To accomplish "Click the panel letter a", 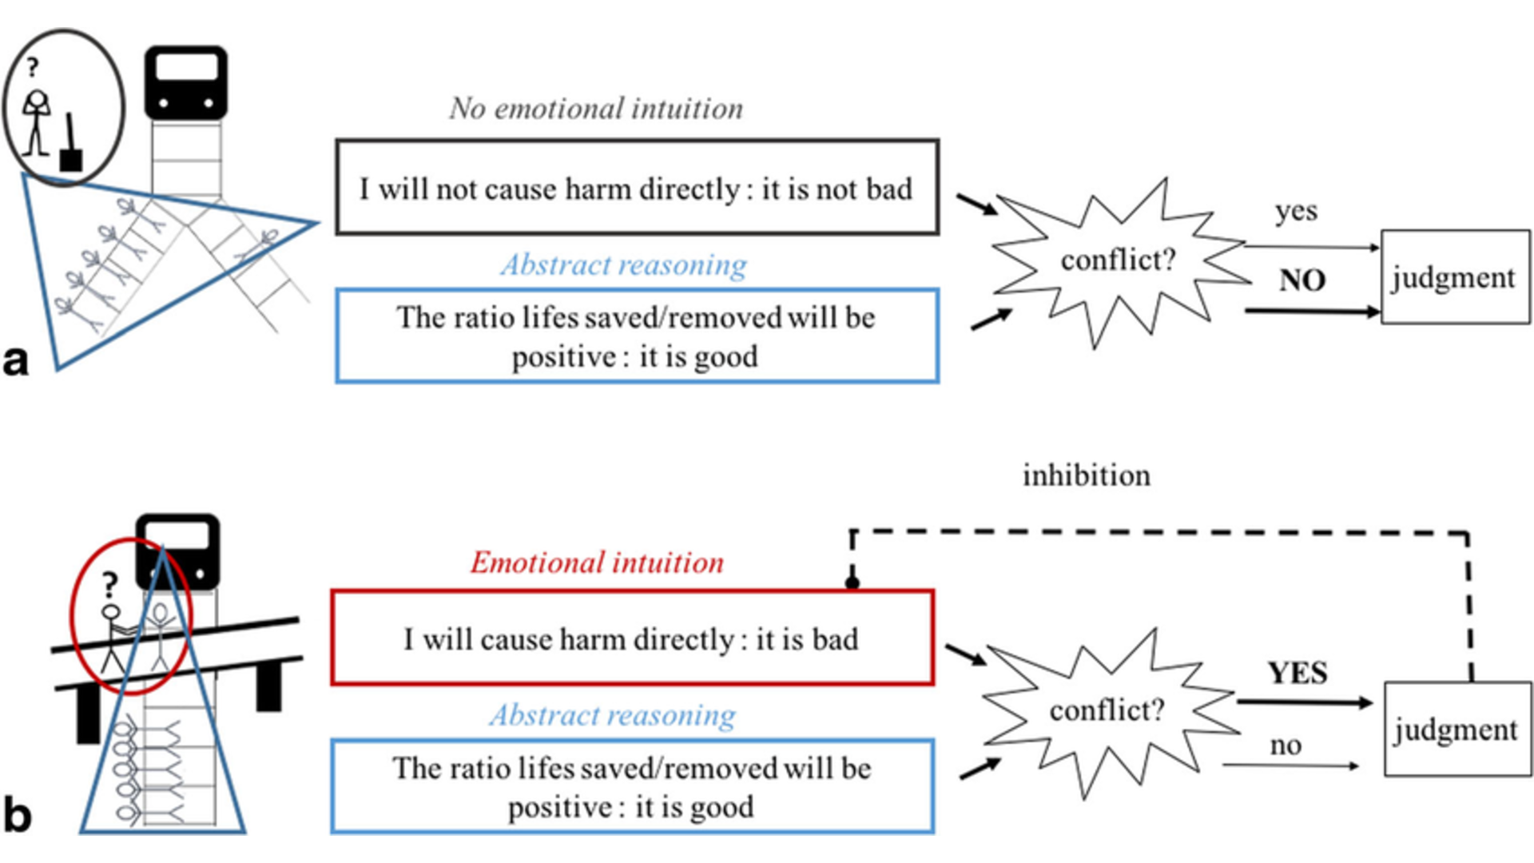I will tap(16, 361).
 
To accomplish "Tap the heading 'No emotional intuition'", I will tap(596, 109).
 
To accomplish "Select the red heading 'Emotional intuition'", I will tap(597, 563).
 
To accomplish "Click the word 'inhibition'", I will tap(1087, 476).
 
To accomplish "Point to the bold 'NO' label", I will tap(1302, 280).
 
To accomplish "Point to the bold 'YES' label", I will tap(1298, 673).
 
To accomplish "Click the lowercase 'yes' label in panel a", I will tap(1295, 212).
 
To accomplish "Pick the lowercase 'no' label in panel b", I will tap(1286, 746).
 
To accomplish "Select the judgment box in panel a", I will tap(1455, 277).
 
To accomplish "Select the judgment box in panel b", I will tap(1457, 729).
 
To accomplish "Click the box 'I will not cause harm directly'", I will tap(637, 188).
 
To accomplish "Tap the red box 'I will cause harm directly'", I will tap(632, 638).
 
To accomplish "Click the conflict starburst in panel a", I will tap(1119, 260).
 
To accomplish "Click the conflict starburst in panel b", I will tap(1107, 710).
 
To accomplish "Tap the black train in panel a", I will tap(186, 82).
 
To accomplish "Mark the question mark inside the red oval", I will tap(109, 586).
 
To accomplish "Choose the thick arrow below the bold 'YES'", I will tap(1304, 703).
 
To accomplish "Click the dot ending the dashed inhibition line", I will tap(852, 583).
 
